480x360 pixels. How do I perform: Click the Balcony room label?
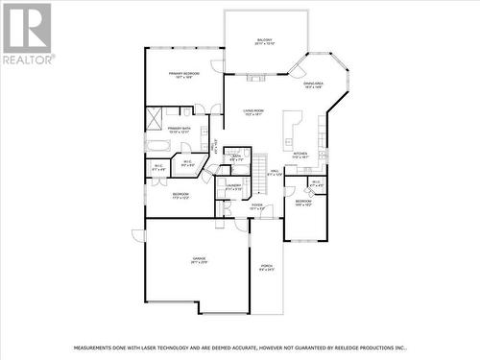click(266, 41)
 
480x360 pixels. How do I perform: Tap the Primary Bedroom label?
click(184, 74)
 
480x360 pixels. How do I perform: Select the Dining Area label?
click(313, 84)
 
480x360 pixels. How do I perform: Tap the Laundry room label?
click(234, 186)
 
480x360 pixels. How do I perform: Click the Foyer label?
click(257, 204)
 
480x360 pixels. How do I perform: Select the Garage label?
click(200, 260)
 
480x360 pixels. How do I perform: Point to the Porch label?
click(267, 266)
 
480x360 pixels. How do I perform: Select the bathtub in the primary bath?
click(157, 146)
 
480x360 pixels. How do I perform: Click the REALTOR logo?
click(26, 35)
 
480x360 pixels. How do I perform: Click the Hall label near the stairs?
click(275, 174)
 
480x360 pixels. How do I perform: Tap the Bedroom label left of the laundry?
click(180, 195)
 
